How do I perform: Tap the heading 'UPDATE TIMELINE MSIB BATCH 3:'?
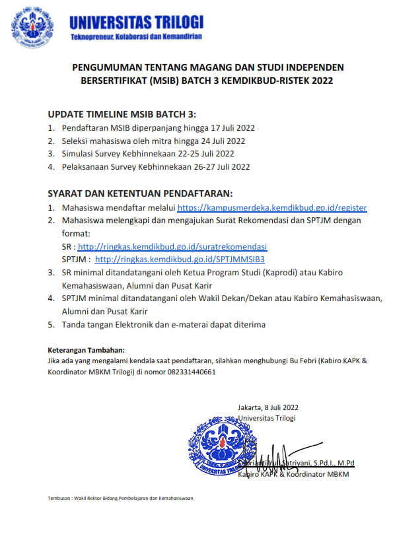pos(122,113)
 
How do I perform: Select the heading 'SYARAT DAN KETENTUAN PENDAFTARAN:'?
pos(140,193)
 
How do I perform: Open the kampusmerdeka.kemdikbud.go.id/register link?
pos(271,207)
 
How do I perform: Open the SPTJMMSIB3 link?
pos(184,259)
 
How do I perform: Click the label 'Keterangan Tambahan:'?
pos(86,350)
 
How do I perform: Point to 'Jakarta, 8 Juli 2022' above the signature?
pos(268,407)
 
